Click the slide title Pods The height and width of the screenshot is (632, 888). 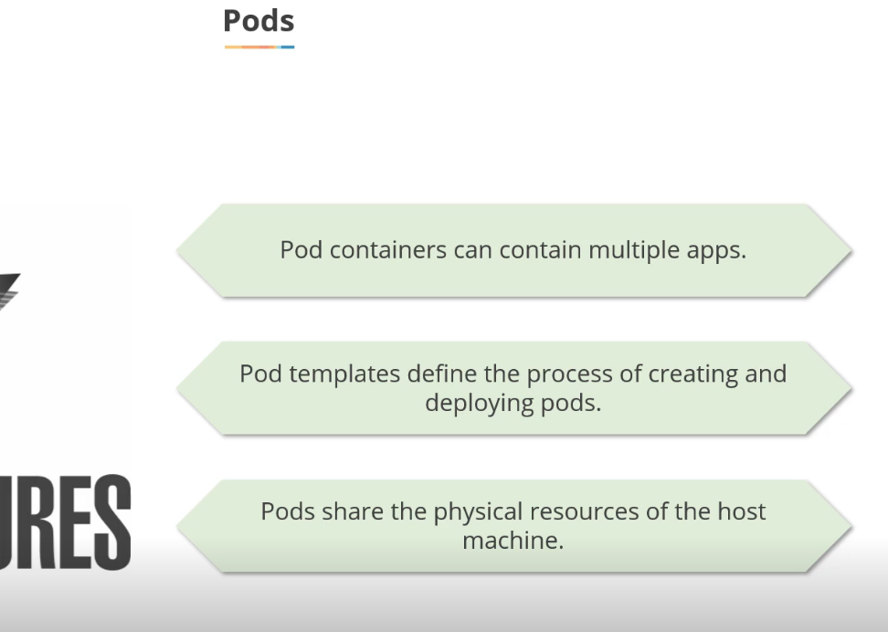[x=259, y=21]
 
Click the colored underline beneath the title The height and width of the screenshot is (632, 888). [x=259, y=46]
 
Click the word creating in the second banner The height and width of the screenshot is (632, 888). [x=687, y=374]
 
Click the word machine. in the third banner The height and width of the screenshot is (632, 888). [x=513, y=540]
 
